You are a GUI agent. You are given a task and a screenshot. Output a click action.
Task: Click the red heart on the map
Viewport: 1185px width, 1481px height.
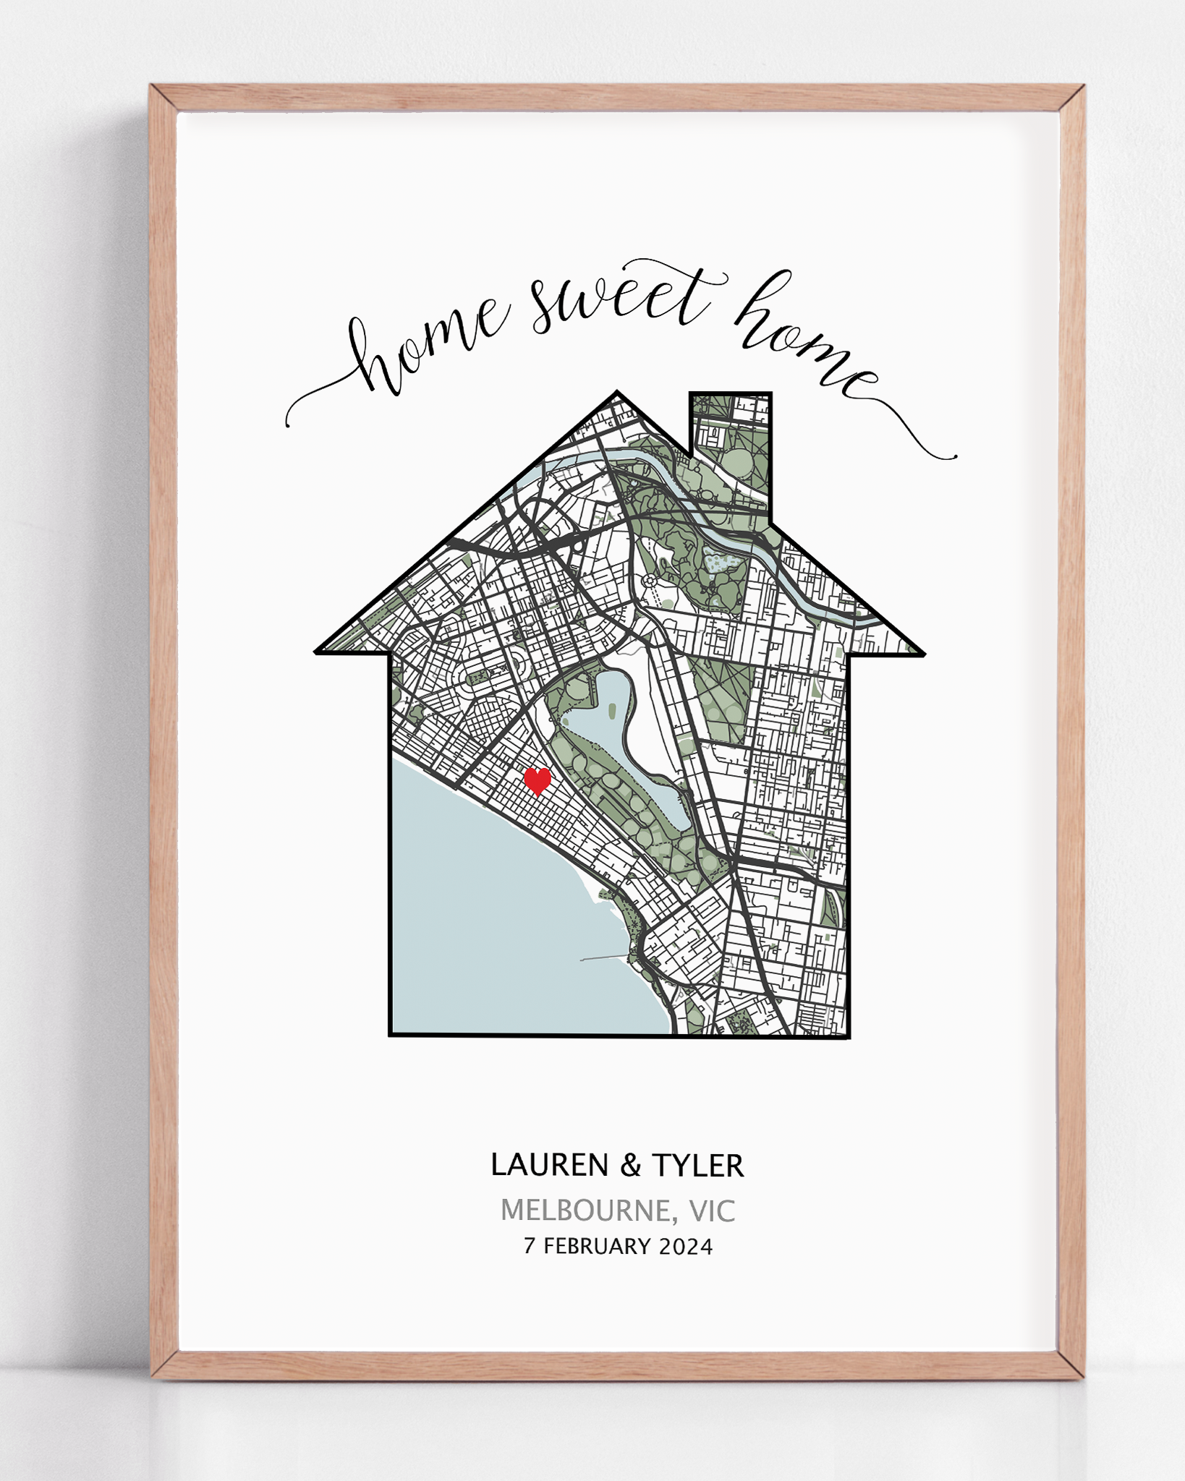(537, 781)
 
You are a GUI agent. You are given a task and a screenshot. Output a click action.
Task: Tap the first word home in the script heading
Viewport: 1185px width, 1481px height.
(427, 347)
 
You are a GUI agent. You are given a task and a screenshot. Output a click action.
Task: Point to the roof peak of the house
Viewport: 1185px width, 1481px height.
(617, 394)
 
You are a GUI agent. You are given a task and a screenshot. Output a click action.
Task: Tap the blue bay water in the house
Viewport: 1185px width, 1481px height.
(492, 926)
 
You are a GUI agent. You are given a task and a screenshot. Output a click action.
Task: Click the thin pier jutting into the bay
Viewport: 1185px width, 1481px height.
(604, 959)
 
